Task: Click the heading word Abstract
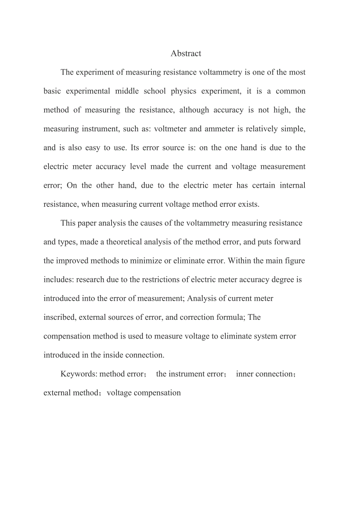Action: pyautogui.click(x=186, y=54)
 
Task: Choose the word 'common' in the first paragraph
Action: pyautogui.click(x=290, y=91)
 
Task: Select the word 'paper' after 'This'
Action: pyautogui.click(x=86, y=223)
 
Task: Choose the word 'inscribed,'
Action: pyautogui.click(x=60, y=317)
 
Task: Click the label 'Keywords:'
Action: pyautogui.click(x=79, y=374)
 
